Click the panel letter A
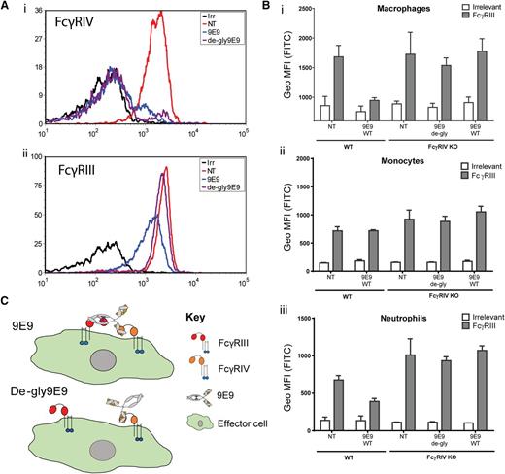(8, 7)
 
